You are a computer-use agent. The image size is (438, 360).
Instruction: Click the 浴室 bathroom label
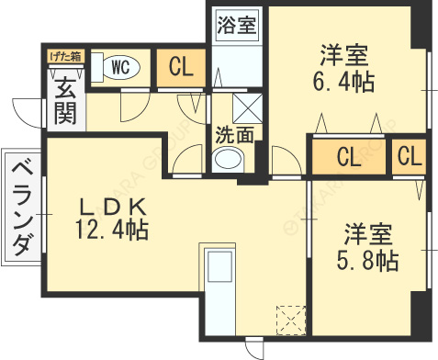pos(236,24)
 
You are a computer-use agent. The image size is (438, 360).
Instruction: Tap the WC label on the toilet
pos(119,66)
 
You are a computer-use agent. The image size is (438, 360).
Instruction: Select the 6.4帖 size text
pos(347,81)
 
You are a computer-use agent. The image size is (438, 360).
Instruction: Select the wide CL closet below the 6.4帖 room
pos(348,157)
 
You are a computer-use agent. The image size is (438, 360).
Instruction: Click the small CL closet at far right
pos(410,156)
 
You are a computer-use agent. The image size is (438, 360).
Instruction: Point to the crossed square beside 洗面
pos(246,108)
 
